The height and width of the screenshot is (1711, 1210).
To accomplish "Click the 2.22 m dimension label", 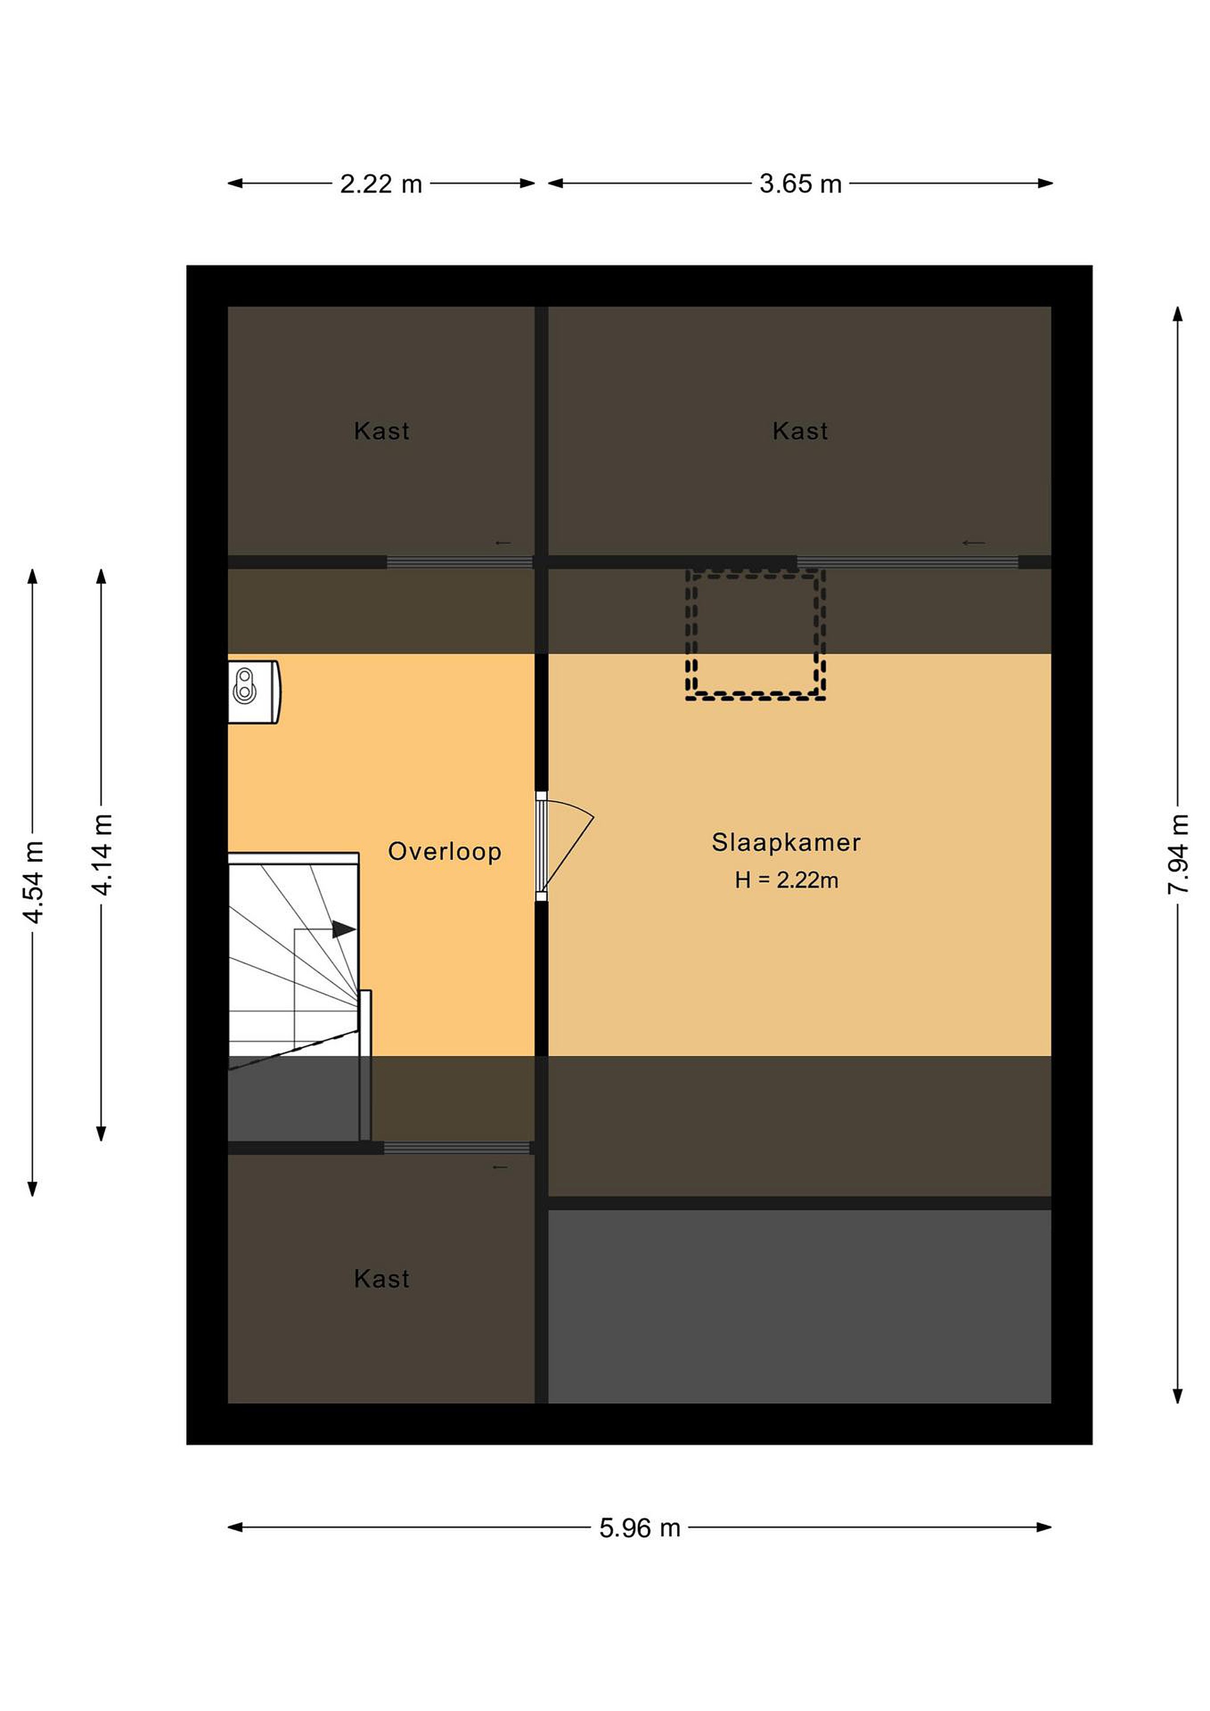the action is point(381,184).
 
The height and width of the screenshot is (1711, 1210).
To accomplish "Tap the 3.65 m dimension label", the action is point(800,184).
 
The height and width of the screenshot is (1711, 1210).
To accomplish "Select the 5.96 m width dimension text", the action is point(640,1529).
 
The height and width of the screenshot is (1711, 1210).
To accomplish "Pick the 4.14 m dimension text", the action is point(102,855).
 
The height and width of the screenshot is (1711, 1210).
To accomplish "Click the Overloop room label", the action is point(445,852).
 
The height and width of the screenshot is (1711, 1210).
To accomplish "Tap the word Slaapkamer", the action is point(786,843).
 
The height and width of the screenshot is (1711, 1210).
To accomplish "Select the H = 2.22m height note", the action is point(786,880).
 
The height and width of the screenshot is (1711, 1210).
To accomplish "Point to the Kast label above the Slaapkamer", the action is point(800,431).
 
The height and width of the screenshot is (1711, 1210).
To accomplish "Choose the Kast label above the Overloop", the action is point(381,431).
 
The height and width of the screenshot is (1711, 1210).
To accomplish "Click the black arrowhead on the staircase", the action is point(343,929).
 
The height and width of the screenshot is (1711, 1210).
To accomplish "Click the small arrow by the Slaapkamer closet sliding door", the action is point(974,542).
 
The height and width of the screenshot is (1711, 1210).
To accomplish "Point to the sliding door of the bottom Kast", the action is point(457,1148).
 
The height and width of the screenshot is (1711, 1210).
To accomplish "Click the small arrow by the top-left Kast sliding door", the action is point(503,542).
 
